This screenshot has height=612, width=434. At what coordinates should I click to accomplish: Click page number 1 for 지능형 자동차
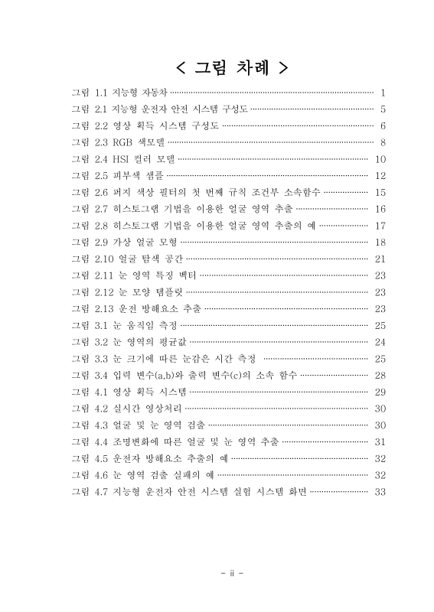[x=381, y=92]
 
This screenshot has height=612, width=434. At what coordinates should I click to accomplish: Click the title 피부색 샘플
[x=137, y=175]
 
